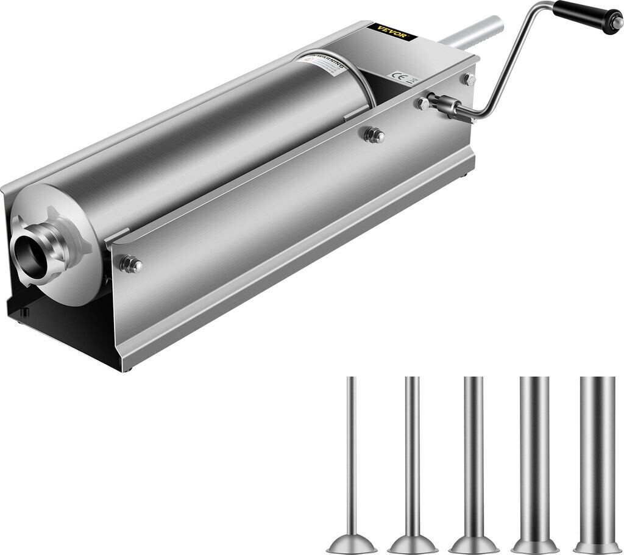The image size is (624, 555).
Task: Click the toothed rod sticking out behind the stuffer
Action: coord(472,33)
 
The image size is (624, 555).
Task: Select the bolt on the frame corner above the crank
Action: coord(469,79)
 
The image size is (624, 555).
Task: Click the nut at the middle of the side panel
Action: coord(374,135)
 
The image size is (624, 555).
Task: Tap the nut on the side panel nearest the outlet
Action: coord(130,264)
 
